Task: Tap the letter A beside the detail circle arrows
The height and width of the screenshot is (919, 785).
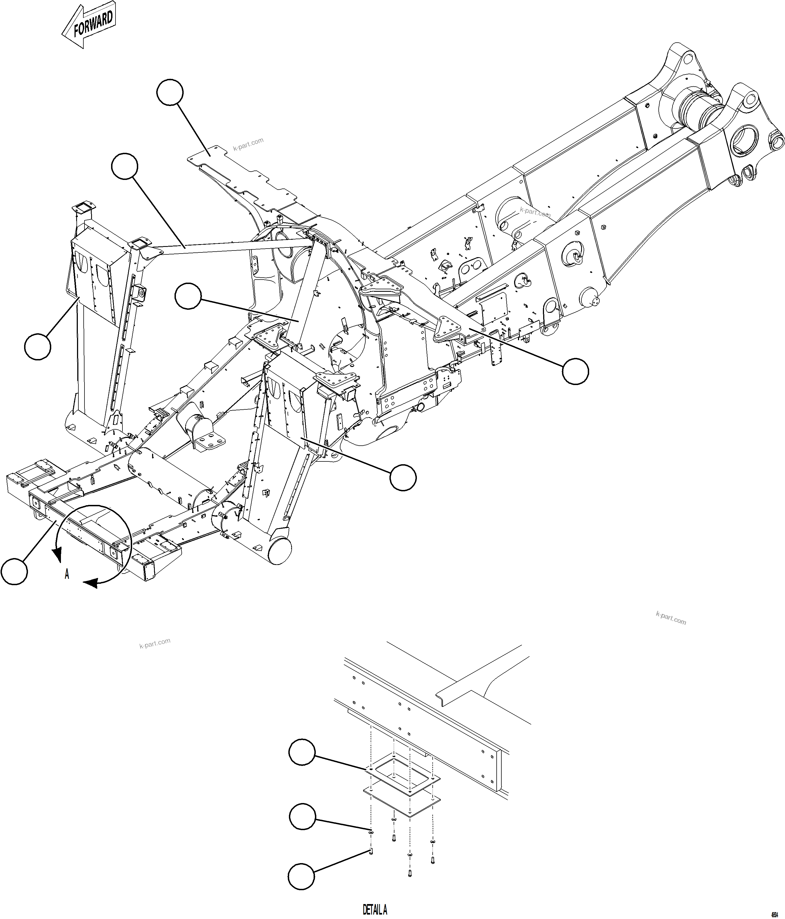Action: coord(67,574)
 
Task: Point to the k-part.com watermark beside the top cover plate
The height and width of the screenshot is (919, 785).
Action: coord(248,144)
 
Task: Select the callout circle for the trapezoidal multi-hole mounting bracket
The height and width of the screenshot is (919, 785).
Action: coord(575,371)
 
